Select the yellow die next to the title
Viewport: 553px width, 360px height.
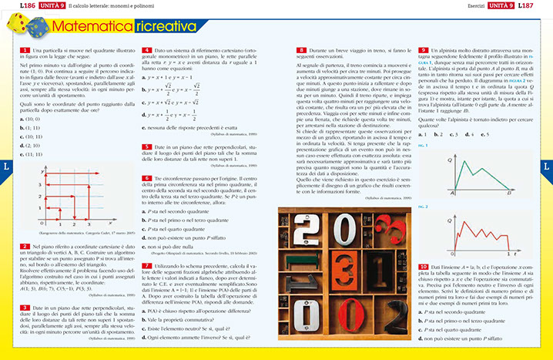[x=21, y=28]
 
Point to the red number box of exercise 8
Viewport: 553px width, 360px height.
[x=301, y=50]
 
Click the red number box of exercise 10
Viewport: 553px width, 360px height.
[x=424, y=266]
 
